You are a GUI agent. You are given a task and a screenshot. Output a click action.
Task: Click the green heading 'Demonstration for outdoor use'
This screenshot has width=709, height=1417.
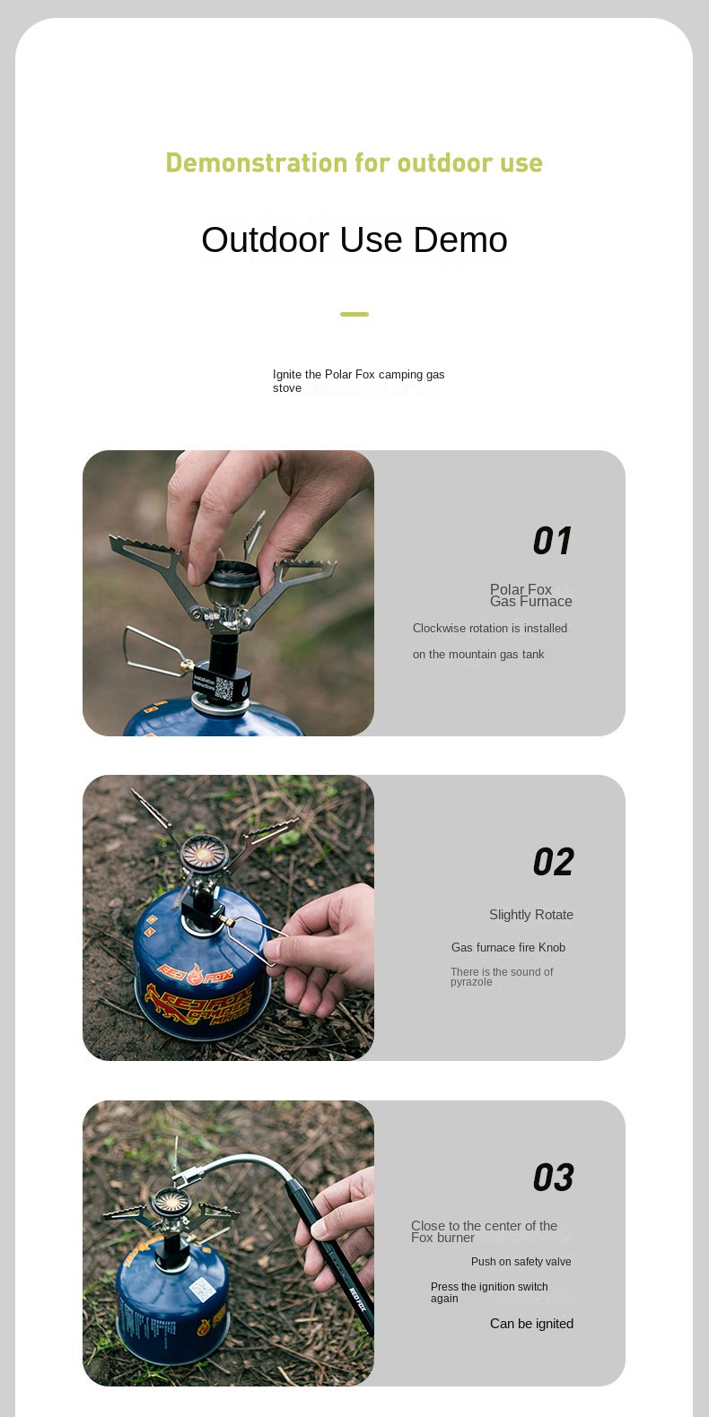click(x=354, y=162)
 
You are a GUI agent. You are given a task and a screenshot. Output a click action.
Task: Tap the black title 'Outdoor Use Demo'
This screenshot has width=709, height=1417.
click(x=354, y=239)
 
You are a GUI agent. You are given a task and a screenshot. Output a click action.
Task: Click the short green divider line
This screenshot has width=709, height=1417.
click(x=354, y=314)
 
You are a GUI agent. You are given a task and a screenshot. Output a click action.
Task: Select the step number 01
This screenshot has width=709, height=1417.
click(x=552, y=540)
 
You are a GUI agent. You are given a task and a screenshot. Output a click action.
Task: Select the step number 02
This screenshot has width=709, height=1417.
click(x=553, y=862)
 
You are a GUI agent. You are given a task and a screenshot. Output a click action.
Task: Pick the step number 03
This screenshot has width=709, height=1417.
click(x=553, y=1178)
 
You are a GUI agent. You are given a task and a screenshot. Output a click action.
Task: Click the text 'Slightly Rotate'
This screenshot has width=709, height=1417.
click(x=531, y=915)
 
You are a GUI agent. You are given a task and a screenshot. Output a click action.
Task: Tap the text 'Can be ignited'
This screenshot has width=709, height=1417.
click(x=531, y=1324)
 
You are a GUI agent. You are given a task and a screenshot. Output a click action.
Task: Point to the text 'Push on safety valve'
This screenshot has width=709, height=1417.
click(x=521, y=1261)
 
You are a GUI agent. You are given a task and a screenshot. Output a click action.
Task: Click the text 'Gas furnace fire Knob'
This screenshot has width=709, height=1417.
click(x=508, y=947)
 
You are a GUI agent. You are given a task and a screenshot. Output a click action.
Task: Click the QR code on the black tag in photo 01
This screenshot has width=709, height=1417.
click(x=224, y=689)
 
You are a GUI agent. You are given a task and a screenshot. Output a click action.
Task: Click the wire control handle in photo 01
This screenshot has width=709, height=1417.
click(x=155, y=652)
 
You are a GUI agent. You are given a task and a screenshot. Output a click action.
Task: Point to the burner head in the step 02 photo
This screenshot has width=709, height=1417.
click(x=204, y=854)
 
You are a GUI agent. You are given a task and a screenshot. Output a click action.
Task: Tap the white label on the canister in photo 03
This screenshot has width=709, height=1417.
click(x=203, y=1289)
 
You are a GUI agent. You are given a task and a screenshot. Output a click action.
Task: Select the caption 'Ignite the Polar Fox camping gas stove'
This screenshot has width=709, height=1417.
click(x=358, y=381)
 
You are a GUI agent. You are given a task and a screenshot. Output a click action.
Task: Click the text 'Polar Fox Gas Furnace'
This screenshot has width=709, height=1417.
click(x=530, y=595)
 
